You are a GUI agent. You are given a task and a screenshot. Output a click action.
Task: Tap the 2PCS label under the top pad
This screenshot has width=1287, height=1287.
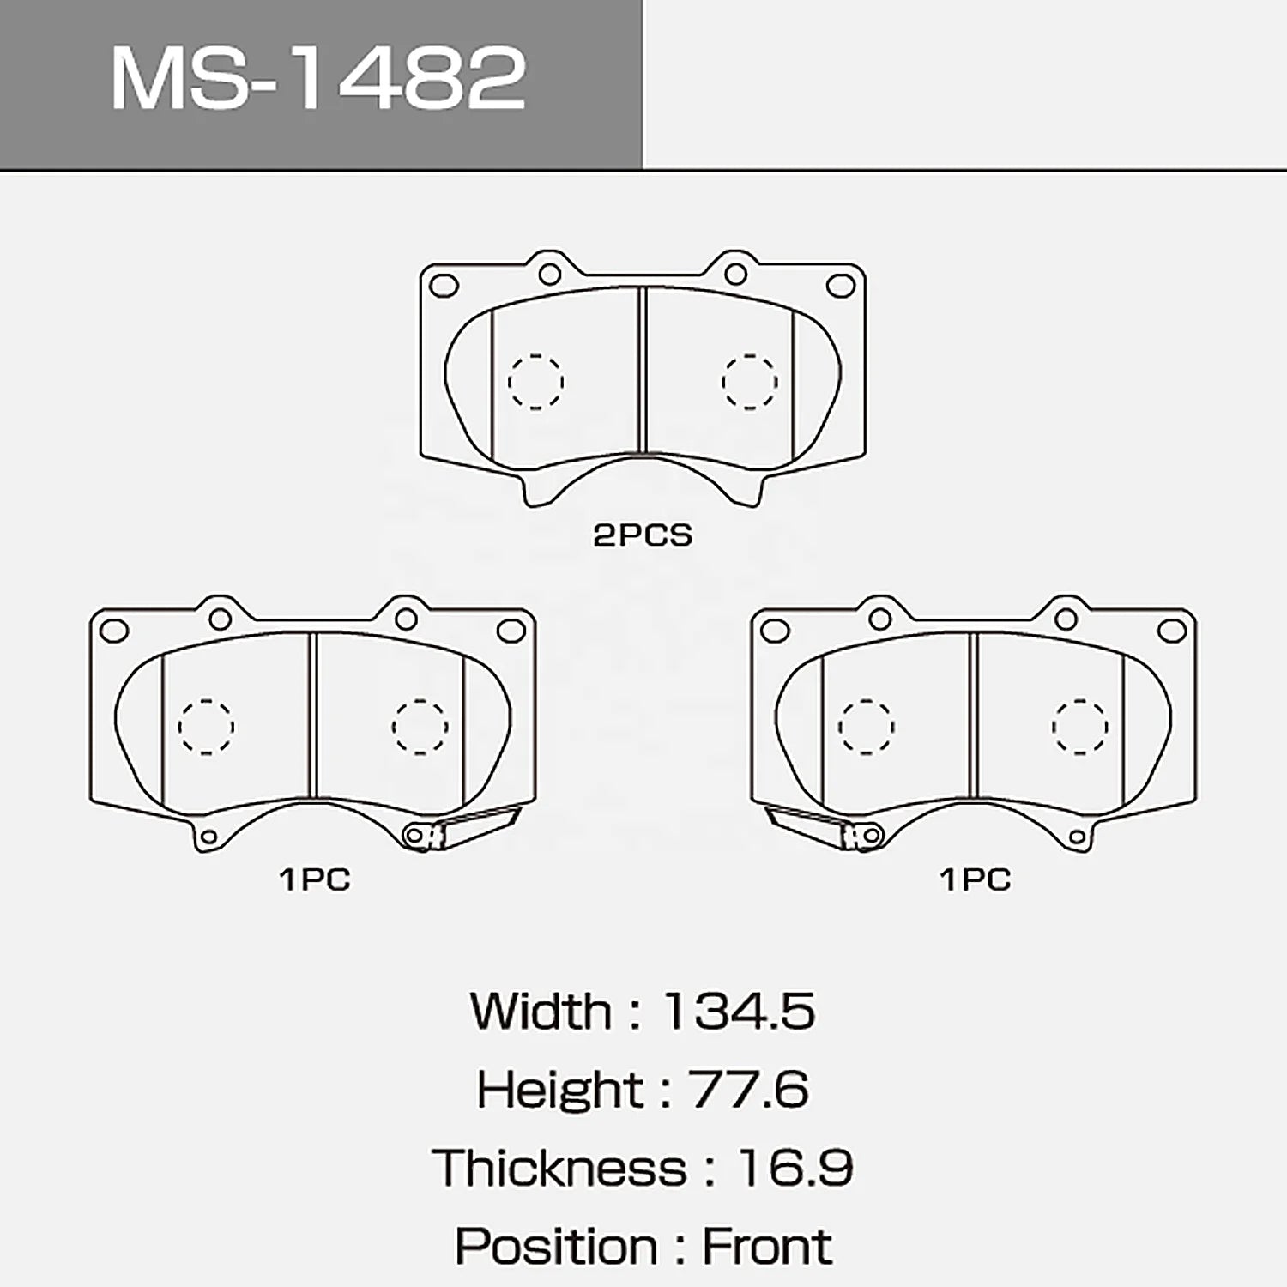tap(642, 535)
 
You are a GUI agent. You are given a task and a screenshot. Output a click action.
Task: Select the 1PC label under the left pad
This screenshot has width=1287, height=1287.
tap(315, 879)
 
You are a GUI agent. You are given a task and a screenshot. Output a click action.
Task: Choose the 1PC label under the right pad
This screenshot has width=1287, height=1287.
tap(976, 879)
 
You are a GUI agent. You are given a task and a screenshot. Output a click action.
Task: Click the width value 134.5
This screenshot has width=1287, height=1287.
tap(738, 1012)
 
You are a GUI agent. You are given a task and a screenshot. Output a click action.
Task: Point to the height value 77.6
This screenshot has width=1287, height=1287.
tap(747, 1090)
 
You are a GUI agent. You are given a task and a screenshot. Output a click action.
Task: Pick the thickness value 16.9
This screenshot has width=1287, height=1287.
tap(795, 1168)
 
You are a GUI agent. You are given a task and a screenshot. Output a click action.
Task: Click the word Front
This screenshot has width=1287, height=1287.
tap(766, 1247)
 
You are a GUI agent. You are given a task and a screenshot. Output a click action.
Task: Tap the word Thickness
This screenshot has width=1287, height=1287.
tap(560, 1168)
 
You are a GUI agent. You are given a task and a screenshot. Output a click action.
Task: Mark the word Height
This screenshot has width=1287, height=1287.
tap(559, 1090)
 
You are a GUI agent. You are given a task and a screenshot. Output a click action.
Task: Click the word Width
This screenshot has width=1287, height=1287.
tap(541, 1012)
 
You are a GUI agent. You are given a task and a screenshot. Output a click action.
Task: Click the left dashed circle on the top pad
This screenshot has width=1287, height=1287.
tap(535, 382)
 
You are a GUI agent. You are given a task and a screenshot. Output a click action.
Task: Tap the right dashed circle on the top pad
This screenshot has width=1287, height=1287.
tap(749, 382)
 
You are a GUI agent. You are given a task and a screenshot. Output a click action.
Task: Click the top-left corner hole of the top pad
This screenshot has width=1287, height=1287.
tap(443, 286)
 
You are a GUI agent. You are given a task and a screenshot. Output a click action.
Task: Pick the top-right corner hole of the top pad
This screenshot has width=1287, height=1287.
tap(841, 286)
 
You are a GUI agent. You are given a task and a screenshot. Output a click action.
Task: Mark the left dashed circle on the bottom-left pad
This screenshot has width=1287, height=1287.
tap(206, 727)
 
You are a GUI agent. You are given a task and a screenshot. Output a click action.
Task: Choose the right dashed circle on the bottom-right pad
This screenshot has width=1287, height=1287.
tap(1079, 727)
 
